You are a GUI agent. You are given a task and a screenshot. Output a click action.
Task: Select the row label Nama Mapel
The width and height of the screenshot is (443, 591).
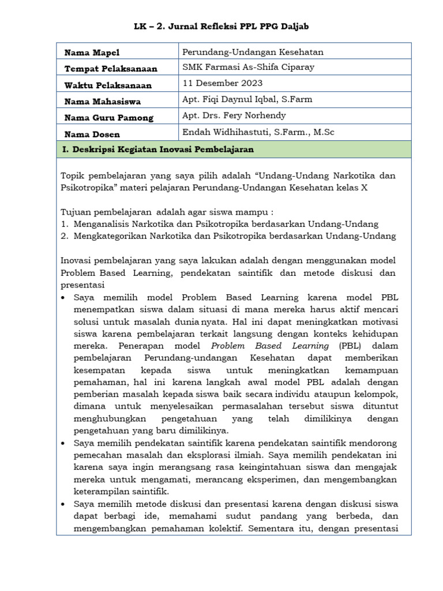(92, 53)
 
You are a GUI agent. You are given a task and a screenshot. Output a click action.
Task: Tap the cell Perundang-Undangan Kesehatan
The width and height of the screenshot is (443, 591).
(253, 52)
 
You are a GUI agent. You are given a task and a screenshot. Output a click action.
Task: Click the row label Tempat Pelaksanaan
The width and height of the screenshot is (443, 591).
(111, 69)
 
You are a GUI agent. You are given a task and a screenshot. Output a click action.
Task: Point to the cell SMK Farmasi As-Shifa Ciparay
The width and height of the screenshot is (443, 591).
(248, 67)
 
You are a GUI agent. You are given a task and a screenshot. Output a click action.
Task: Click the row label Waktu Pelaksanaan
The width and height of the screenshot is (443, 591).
(108, 85)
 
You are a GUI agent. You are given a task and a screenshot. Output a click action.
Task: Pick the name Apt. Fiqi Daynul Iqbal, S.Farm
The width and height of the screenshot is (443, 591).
(247, 99)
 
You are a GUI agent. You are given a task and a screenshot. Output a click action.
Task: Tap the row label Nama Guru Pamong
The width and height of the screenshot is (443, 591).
(108, 118)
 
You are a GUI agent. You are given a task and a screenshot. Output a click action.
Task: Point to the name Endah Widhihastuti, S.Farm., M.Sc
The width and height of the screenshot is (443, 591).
(258, 132)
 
